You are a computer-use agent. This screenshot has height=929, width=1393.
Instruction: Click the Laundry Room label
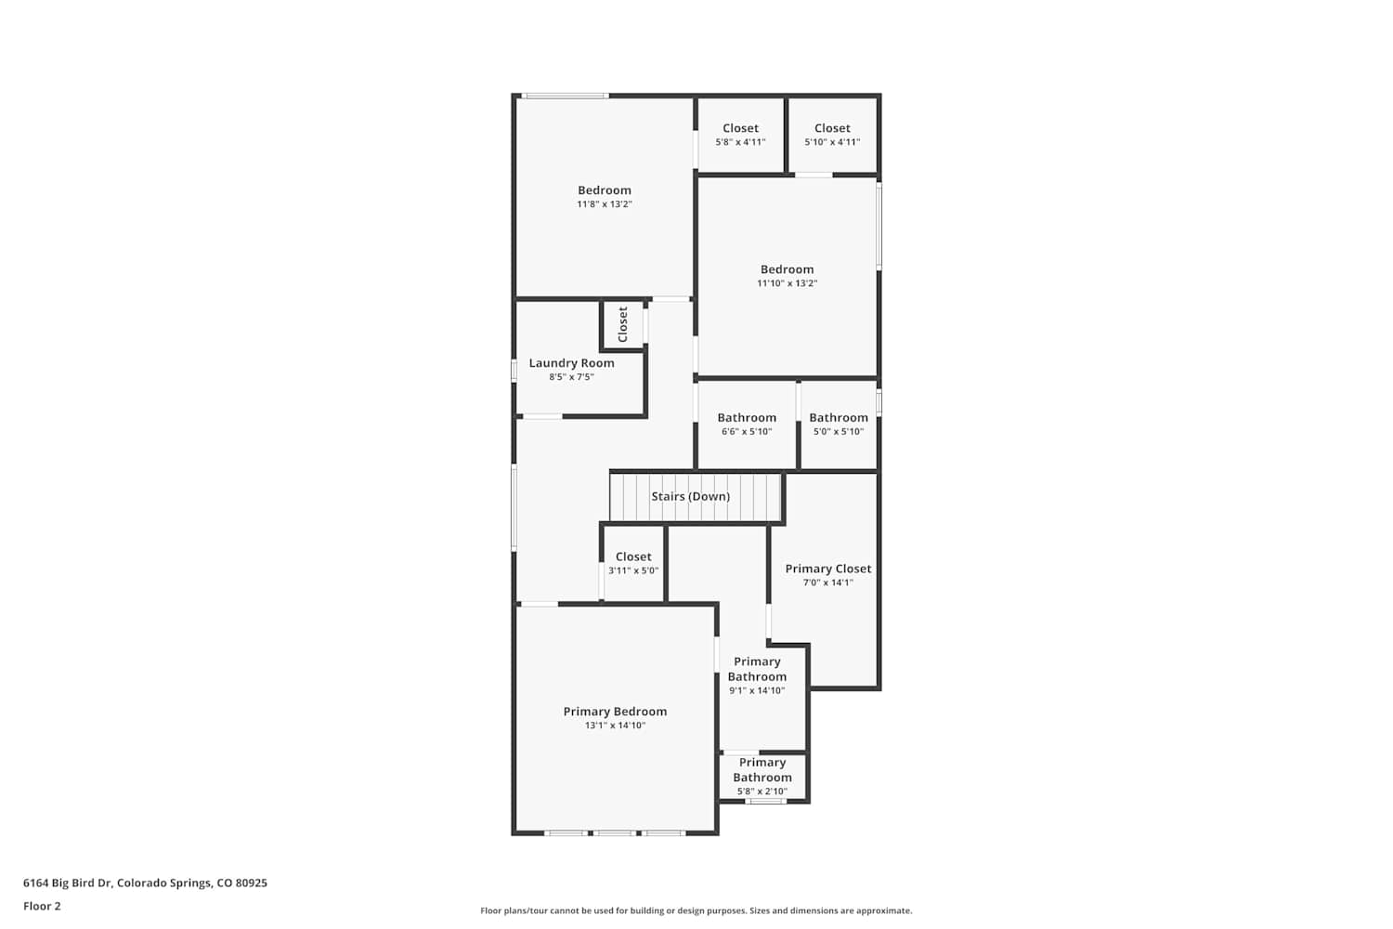tap(571, 362)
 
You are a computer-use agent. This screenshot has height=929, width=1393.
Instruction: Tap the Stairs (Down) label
tap(690, 496)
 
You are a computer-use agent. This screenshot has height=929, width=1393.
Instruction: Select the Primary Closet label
tap(827, 569)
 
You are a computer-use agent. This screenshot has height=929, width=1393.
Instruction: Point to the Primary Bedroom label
tap(615, 712)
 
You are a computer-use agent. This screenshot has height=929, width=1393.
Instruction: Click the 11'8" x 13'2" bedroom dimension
tap(604, 204)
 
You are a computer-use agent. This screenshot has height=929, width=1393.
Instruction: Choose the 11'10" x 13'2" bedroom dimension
tap(787, 283)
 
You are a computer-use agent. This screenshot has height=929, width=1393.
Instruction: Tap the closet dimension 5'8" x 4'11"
tap(740, 142)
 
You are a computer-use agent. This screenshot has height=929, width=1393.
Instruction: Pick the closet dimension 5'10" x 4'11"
tap(832, 142)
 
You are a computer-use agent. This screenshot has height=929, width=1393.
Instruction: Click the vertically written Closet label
tap(622, 324)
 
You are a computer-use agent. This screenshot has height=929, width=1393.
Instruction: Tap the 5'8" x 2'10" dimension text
tap(762, 792)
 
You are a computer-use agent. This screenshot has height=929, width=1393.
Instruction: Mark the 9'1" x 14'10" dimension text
tap(757, 690)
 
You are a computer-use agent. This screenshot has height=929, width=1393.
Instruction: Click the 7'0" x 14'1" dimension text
tap(827, 582)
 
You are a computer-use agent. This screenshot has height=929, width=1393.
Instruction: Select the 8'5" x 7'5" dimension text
tap(571, 377)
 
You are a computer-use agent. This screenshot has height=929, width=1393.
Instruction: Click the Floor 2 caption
tap(43, 906)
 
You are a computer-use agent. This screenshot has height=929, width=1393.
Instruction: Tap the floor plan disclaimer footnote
tap(696, 910)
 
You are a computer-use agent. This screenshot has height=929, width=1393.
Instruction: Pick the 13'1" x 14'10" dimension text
tap(615, 726)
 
